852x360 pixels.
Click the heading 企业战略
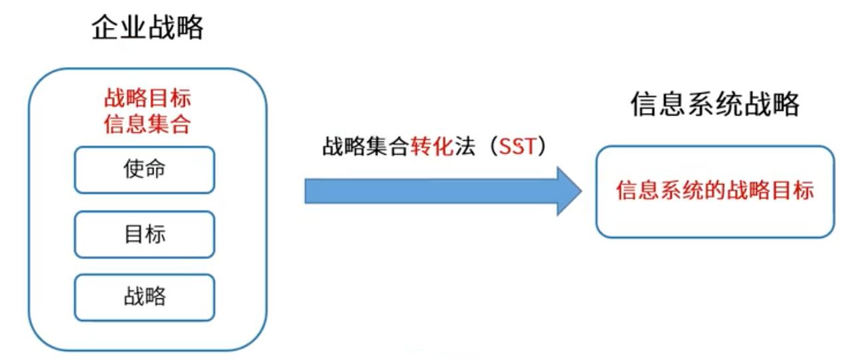tap(148, 28)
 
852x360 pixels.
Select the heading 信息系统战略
tap(714, 104)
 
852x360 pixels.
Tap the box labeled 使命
tap(144, 170)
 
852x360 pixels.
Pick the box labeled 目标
tap(144, 234)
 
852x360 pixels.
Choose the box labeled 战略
tap(144, 297)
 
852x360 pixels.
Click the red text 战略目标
tap(148, 98)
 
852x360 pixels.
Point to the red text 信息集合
tap(148, 124)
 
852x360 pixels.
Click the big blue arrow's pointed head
tap(568, 191)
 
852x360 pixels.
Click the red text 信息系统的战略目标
tap(714, 191)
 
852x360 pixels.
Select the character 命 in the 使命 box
tap(155, 170)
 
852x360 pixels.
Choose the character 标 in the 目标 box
tap(155, 234)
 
